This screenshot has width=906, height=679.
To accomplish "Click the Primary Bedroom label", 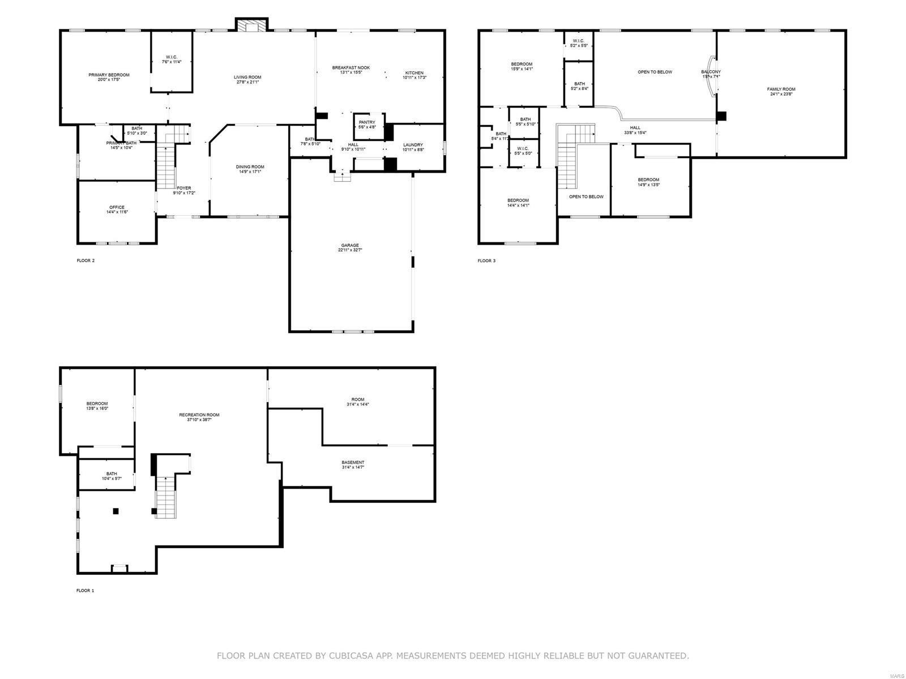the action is click(x=109, y=75).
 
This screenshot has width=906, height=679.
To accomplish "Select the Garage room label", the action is click(x=349, y=245).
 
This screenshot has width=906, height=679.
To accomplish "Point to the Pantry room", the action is click(x=367, y=125).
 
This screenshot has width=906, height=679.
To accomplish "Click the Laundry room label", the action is click(x=413, y=145).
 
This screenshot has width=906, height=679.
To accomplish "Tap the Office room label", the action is click(x=117, y=207).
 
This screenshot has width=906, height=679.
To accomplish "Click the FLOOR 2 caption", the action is click(x=86, y=261).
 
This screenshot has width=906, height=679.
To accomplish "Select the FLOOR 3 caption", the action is click(x=486, y=261).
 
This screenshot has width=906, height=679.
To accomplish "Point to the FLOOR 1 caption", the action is click(x=86, y=590).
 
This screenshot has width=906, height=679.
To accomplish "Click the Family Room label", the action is click(x=781, y=89).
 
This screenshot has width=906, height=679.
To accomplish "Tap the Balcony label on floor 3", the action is click(x=711, y=72).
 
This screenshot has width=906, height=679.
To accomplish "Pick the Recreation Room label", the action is click(x=199, y=415).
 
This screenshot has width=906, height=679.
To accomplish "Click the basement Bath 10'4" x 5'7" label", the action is click(x=112, y=474).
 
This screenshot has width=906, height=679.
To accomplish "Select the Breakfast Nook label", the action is click(x=351, y=68).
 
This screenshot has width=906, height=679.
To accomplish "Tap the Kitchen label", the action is click(x=414, y=73).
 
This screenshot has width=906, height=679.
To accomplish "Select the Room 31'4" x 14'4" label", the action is click(x=357, y=399).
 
